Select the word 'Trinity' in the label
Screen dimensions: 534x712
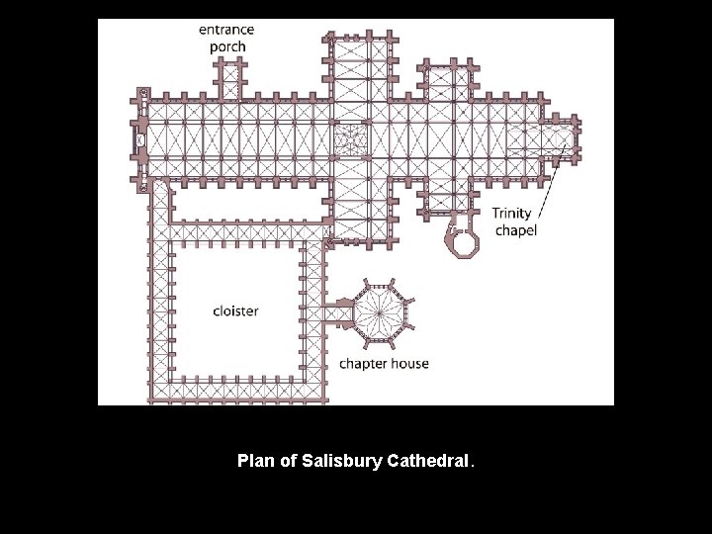pyautogui.click(x=512, y=214)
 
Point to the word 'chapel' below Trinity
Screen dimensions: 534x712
pyautogui.click(x=515, y=230)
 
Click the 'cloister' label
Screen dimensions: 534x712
pyautogui.click(x=235, y=311)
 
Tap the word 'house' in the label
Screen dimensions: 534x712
pyautogui.click(x=410, y=363)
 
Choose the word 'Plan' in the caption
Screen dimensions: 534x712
pyautogui.click(x=254, y=461)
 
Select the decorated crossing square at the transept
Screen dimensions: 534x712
pyautogui.click(x=349, y=139)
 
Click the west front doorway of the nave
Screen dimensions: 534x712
pyautogui.click(x=139, y=139)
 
